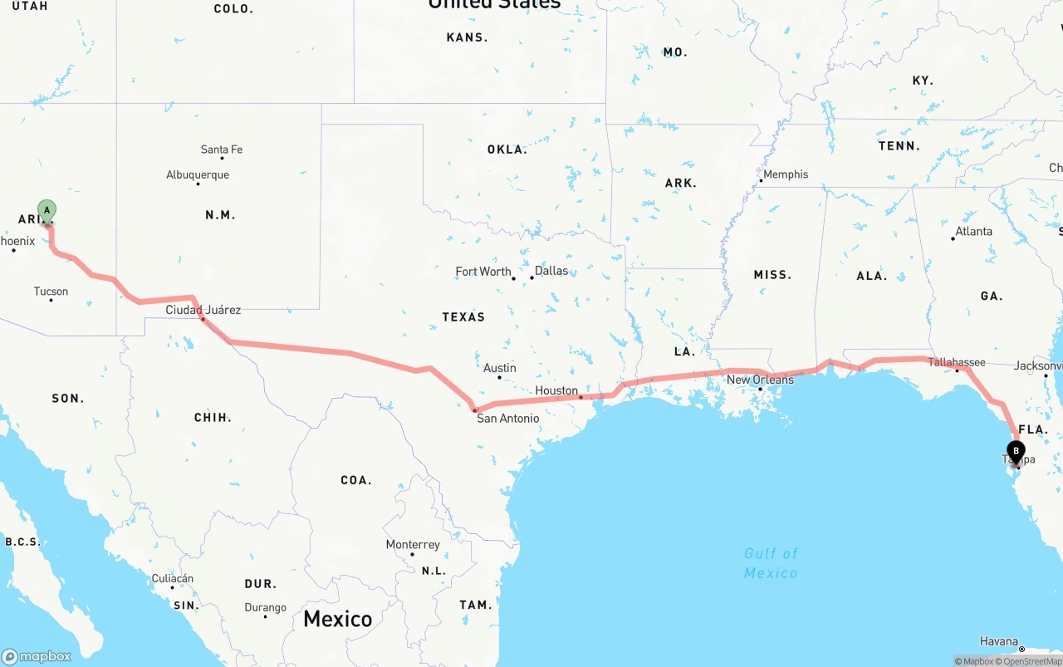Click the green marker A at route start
pyautogui.click(x=47, y=210)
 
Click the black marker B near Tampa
pyautogui.click(x=1015, y=452)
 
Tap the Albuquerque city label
pyautogui.click(x=198, y=175)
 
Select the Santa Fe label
pyautogui.click(x=222, y=150)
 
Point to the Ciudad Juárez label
pyautogui.click(x=203, y=310)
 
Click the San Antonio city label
pyautogui.click(x=507, y=419)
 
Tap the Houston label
pyautogui.click(x=556, y=390)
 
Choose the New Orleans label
pyautogui.click(x=760, y=380)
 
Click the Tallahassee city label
pyautogui.click(x=957, y=362)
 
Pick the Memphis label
pyautogui.click(x=786, y=174)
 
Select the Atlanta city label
pyautogui.click(x=974, y=232)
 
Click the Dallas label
pyautogui.click(x=551, y=271)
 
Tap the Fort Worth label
pyautogui.click(x=483, y=272)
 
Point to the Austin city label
pyautogui.click(x=499, y=368)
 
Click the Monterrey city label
pyautogui.click(x=413, y=545)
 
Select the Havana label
pyautogui.click(x=998, y=641)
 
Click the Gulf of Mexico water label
pyautogui.click(x=771, y=563)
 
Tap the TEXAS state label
pyautogui.click(x=463, y=317)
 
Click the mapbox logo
pyautogui.click(x=37, y=656)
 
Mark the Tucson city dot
pyautogui.click(x=51, y=300)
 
